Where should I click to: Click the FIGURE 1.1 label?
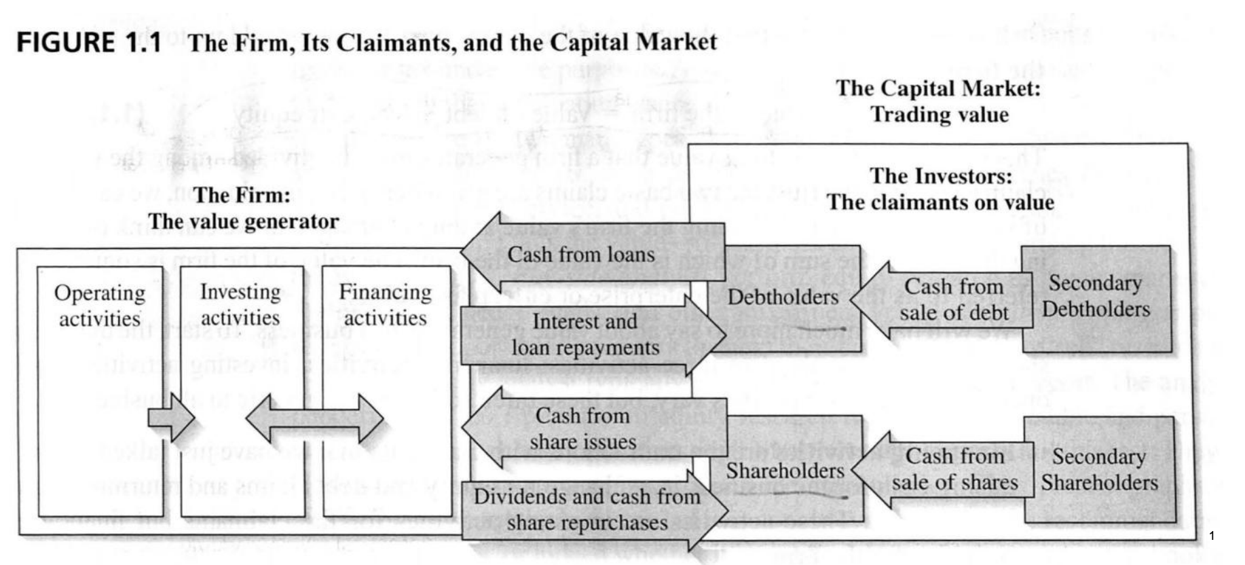pos(89,43)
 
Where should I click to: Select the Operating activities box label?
pos(100,306)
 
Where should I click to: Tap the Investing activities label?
pos(240,304)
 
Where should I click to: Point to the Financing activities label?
pos(385,304)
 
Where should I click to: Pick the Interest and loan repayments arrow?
pos(585,335)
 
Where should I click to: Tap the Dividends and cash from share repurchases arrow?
pos(587,509)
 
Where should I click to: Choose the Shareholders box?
pos(785,471)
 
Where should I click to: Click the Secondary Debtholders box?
pos(1096,296)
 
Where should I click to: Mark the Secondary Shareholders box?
pos(1099,469)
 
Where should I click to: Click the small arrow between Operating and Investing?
pos(172,417)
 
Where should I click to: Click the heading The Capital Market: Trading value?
pos(939,101)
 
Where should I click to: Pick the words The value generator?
pos(244,221)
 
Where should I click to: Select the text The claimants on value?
pos(940,202)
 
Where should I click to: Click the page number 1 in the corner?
pos(1212,536)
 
